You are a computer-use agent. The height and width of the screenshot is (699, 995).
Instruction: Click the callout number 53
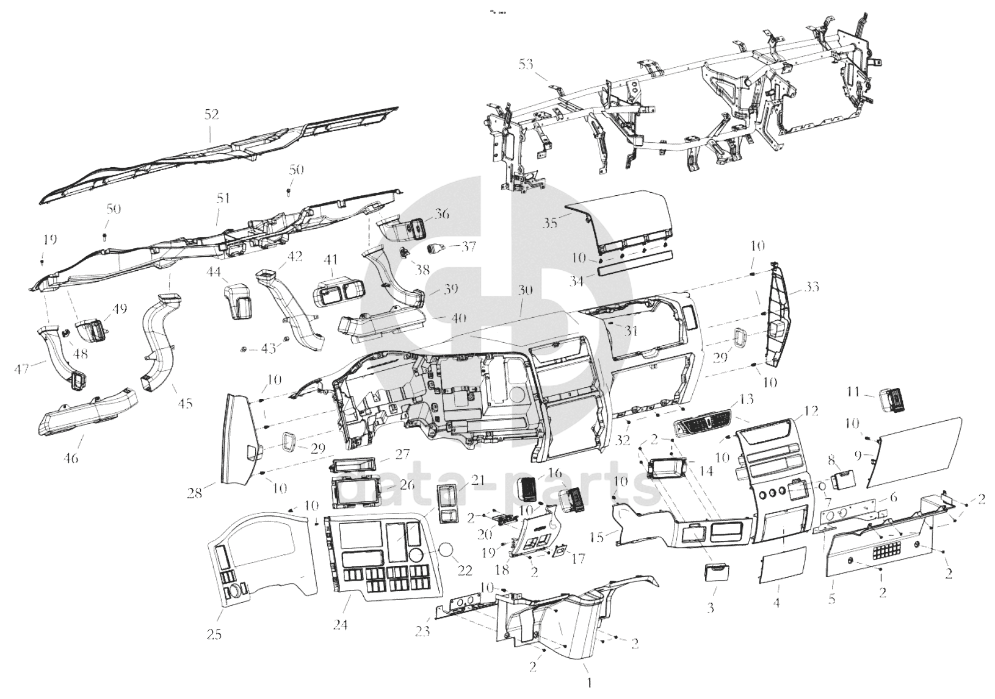click(526, 64)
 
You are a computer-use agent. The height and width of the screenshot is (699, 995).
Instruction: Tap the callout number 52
click(211, 114)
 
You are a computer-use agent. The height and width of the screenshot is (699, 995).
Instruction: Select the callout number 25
click(214, 634)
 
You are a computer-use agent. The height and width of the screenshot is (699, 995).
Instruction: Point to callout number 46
click(71, 457)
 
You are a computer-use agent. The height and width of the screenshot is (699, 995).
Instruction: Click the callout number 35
click(550, 223)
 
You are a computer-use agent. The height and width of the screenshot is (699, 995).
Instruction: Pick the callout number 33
click(812, 287)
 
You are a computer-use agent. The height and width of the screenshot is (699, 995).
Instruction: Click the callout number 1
click(589, 683)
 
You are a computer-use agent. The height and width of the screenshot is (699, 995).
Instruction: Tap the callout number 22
click(465, 570)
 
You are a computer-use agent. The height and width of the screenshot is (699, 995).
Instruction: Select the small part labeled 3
click(719, 574)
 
